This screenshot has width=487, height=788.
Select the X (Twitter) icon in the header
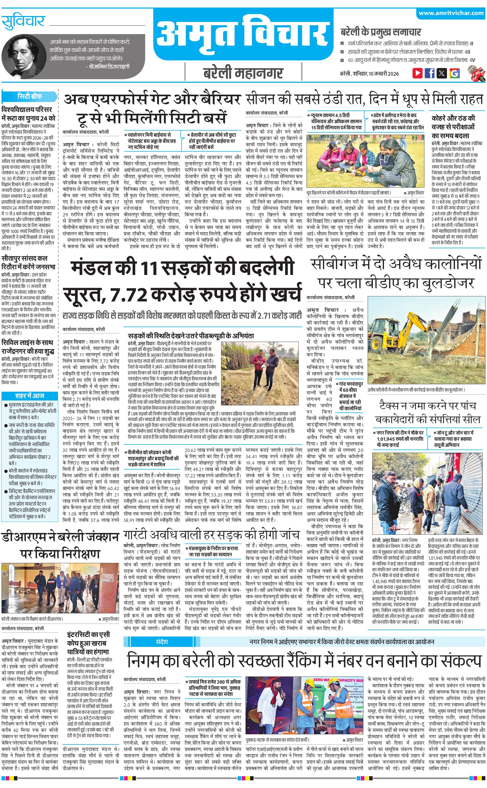coord(442,73)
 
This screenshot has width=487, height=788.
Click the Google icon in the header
coord(454,73)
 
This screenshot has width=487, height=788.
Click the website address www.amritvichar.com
coord(451,13)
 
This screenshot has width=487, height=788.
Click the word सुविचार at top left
coord(23,22)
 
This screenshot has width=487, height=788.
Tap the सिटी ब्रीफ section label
coord(29,96)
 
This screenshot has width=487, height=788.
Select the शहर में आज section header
coord(29,395)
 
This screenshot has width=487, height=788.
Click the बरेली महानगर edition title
coord(243,73)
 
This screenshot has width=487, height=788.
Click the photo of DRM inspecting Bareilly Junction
coord(60,589)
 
